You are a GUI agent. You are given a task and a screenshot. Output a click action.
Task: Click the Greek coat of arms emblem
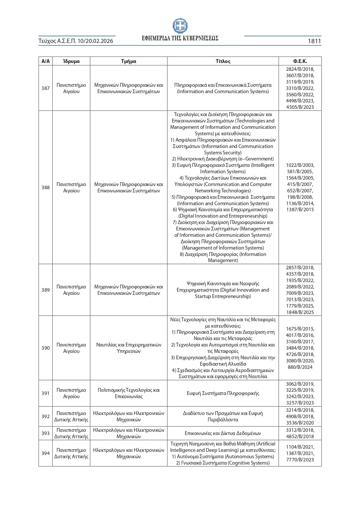tap(180, 26)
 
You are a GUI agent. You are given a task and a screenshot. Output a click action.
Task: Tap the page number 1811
tap(314, 41)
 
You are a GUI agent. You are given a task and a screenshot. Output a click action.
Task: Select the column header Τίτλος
tap(223, 61)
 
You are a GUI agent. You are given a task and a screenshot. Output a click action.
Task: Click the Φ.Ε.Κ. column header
tap(300, 61)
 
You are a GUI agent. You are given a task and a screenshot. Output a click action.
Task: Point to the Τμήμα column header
tap(129, 61)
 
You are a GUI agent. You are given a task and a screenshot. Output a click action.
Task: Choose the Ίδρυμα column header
tap(71, 61)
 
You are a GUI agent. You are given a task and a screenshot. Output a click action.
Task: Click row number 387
tap(46, 88)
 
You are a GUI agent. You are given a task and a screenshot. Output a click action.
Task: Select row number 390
tap(46, 348)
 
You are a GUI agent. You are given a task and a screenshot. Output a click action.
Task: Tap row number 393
tap(46, 433)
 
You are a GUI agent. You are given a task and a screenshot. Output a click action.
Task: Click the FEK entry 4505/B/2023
tap(300, 107)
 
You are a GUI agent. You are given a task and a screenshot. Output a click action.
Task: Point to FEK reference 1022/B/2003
tap(300, 165)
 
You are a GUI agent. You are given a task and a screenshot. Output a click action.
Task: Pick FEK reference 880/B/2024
tap(300, 367)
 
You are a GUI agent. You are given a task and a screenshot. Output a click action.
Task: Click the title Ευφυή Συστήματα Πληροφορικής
tap(223, 393)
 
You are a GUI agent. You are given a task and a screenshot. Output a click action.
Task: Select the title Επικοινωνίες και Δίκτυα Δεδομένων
tap(223, 433)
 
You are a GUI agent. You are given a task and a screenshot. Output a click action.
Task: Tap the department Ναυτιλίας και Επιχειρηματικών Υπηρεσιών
tap(129, 348)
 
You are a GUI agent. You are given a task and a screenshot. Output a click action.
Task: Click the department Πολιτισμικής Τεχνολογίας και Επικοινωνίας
tap(129, 393)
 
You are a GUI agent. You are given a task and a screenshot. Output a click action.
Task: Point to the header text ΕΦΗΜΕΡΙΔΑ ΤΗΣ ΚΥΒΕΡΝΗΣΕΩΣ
tap(180, 38)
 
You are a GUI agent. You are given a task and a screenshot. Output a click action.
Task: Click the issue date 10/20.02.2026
tap(95, 41)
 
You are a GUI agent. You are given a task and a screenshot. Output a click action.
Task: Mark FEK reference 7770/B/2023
tap(300, 460)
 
